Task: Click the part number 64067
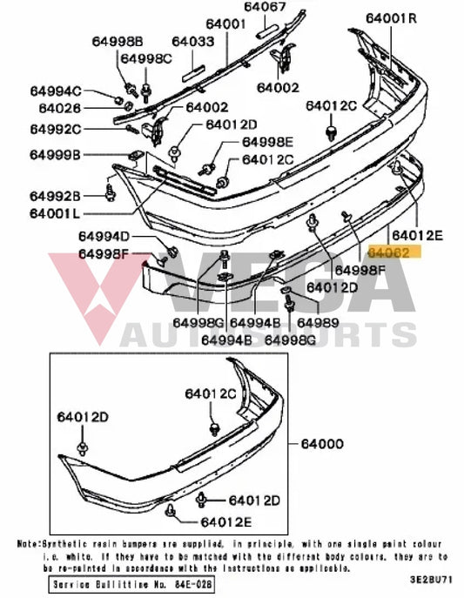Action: (264, 8)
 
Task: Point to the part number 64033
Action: (192, 41)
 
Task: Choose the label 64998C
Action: (146, 58)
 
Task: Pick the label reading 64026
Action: (59, 108)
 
